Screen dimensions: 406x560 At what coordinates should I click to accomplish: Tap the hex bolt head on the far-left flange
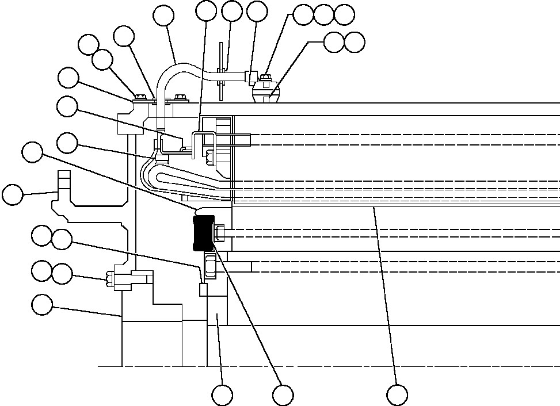109,280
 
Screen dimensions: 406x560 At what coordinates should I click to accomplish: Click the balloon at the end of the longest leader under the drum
397,395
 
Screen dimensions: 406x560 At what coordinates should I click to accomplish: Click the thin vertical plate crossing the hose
219,78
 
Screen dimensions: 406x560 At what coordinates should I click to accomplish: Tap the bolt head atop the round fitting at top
265,78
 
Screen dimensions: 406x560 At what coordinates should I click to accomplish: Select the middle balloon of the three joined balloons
323,15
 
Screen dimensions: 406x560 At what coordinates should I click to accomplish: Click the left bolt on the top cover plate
139,97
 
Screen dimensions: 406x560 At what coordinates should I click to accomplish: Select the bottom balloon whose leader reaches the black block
282,395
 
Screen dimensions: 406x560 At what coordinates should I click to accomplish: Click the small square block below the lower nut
203,289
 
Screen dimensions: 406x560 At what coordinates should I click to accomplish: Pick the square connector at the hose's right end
250,76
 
